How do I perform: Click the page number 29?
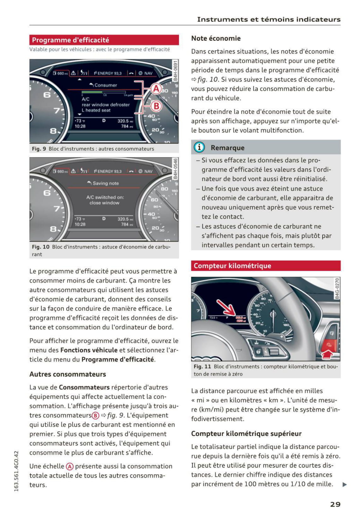[x=335, y=504]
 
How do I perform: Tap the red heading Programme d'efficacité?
[x=70, y=40]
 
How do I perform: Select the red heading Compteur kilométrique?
[x=232, y=266]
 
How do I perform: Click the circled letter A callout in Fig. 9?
[x=156, y=89]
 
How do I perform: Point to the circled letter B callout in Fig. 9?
[x=156, y=106]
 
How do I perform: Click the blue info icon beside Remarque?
[x=199, y=147]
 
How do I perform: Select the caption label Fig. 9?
[x=39, y=149]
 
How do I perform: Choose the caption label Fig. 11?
[x=202, y=366]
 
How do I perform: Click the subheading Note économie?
[x=216, y=38]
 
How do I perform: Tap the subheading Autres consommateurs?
[x=67, y=374]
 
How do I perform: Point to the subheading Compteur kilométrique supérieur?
[x=246, y=433]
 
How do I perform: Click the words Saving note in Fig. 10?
[x=105, y=183]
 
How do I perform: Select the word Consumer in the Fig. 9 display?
[x=106, y=85]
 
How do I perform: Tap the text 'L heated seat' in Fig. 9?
[x=96, y=110]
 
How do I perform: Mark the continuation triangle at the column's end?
[x=345, y=484]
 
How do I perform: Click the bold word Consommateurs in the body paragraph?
[x=84, y=387]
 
